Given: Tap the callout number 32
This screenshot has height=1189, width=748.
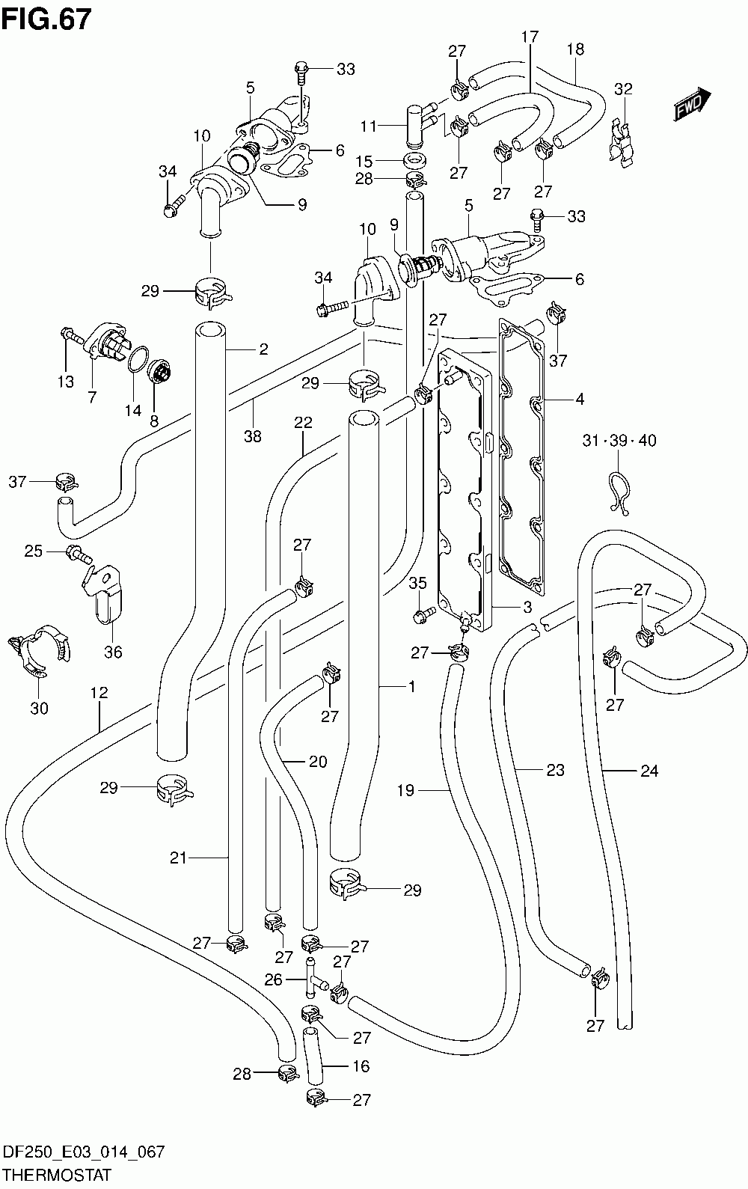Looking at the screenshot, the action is (623, 88).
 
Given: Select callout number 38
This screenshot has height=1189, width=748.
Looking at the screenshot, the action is (253, 435).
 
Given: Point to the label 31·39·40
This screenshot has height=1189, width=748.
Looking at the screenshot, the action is (619, 440).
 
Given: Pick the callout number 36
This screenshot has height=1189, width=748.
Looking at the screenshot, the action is (113, 651).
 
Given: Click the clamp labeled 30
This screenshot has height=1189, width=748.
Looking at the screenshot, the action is (40, 651).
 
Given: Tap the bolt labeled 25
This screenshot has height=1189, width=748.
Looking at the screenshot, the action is (79, 554).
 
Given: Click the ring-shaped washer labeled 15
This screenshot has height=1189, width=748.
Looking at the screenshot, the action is (415, 160).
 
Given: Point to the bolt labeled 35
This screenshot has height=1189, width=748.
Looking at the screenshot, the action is (424, 614).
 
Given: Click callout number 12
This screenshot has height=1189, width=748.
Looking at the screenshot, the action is (99, 692).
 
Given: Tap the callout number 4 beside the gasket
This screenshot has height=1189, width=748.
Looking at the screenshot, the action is (580, 399).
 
